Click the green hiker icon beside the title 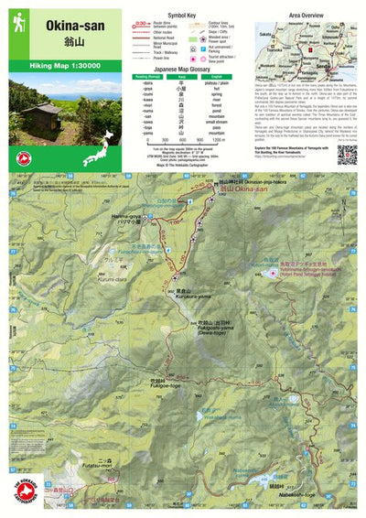pos(16,21)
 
